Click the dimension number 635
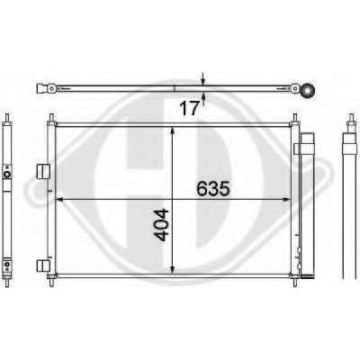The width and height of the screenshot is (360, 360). [213, 188]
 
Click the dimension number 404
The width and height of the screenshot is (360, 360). [161, 225]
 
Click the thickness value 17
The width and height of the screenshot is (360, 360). [189, 108]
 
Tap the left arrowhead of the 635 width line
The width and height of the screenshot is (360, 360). [60, 199]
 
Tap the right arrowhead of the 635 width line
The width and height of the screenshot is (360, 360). [287, 199]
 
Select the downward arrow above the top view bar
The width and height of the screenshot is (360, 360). [203, 78]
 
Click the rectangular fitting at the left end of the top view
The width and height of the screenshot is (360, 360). [41, 89]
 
